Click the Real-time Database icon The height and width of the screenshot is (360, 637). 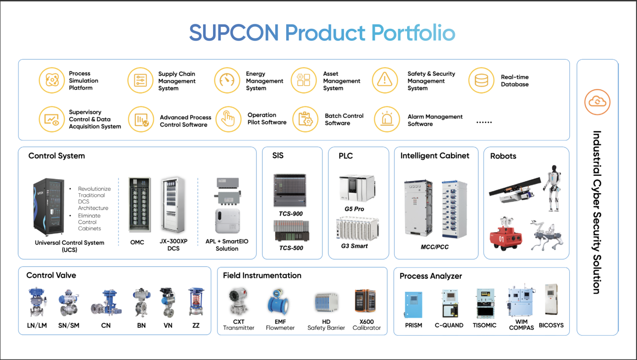pos(481,81)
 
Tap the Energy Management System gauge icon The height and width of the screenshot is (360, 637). pos(227,81)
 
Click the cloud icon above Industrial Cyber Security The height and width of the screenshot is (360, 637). pos(597,102)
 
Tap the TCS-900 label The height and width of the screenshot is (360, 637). pos(291,214)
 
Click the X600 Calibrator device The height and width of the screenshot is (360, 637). pos(365,302)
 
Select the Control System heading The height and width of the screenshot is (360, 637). pos(57,156)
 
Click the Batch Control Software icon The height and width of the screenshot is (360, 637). pos(304,120)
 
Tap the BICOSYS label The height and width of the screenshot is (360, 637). pos(551,325)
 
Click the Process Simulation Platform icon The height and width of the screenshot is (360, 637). pos(52,81)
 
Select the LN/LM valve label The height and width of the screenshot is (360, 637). pos(37,326)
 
